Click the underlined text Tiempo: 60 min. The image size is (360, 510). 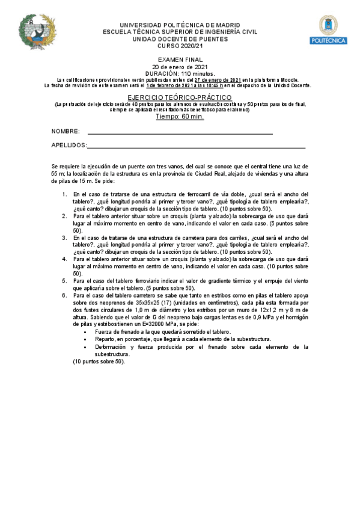point(180,117)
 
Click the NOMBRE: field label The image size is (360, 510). point(66,131)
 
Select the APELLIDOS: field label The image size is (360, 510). point(69,146)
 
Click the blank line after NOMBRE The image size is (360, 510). point(180,132)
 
